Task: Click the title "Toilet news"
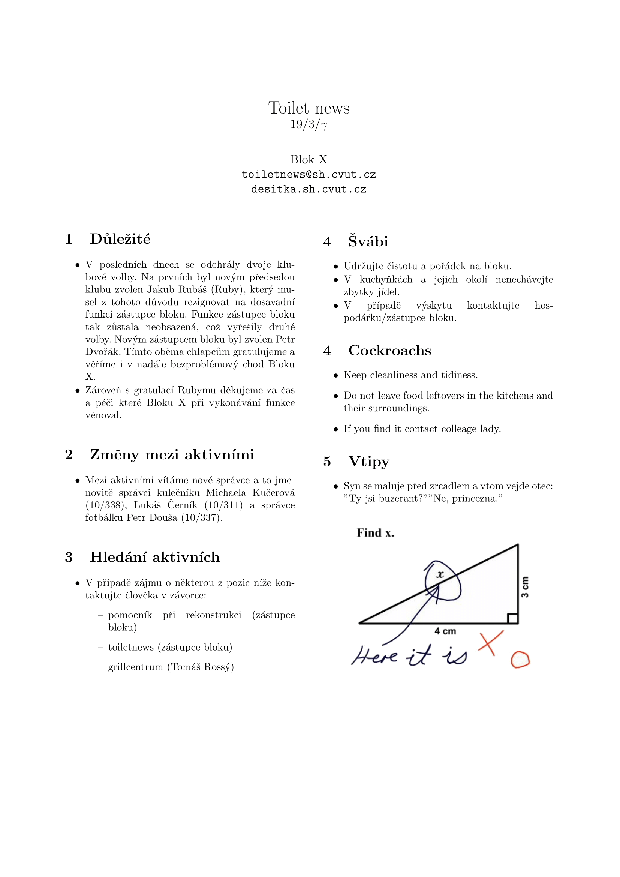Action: [309, 108]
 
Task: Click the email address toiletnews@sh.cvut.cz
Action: [309, 175]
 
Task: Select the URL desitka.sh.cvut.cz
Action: [309, 189]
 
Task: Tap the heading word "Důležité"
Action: [120, 239]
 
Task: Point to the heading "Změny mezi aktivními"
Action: [172, 454]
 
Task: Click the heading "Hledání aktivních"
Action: [154, 557]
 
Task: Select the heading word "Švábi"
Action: [368, 241]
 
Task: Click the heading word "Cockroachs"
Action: [390, 351]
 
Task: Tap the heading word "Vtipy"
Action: [369, 462]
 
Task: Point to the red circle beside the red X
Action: [520, 660]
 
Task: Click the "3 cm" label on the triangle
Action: [525, 587]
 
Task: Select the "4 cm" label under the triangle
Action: [445, 631]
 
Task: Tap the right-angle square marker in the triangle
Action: [512, 618]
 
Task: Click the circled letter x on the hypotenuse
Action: [440, 574]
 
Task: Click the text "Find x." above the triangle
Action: [375, 533]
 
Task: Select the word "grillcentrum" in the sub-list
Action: [136, 667]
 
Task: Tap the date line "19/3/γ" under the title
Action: [309, 124]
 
